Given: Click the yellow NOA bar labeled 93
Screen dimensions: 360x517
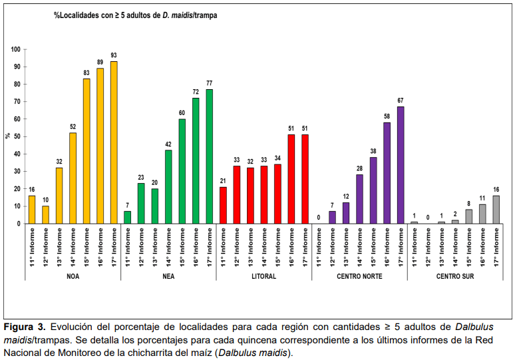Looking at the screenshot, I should (114, 142).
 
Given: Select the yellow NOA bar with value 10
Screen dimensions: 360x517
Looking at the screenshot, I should (45, 215).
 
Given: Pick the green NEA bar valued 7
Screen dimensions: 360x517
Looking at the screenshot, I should (128, 218).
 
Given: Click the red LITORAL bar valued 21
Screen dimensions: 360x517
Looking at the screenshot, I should (223, 205).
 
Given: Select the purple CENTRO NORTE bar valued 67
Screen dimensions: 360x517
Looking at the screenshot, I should (401, 165).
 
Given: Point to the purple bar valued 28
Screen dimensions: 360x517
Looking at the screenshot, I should (359, 199).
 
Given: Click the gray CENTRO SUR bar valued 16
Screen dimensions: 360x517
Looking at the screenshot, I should (496, 210).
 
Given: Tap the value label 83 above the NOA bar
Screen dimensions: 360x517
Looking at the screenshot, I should (86, 73).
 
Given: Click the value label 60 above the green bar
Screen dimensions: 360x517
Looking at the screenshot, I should (182, 112).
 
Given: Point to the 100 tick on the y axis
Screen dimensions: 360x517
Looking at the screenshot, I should (15, 50).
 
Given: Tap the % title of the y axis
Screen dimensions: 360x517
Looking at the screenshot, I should (7, 136).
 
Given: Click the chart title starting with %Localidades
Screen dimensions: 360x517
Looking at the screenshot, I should (136, 15).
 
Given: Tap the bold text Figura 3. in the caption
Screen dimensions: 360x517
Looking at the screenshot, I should (25, 327).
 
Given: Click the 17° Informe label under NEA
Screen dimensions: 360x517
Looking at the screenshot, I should (210, 247).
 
